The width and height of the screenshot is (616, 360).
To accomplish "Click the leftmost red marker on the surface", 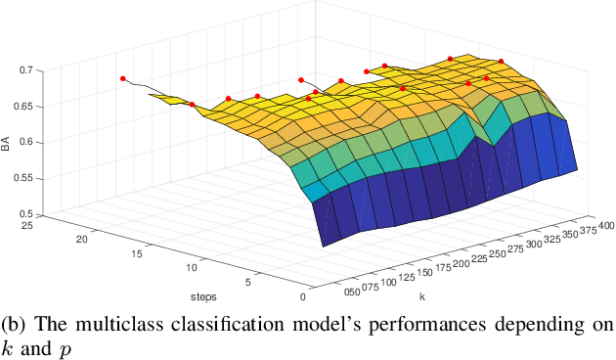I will [123, 78].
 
